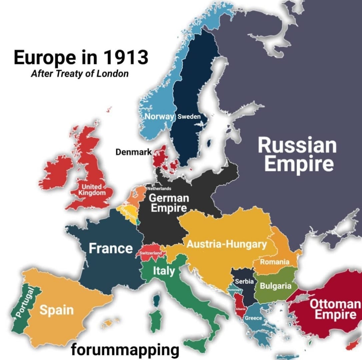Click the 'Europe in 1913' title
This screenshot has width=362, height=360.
pos(81,57)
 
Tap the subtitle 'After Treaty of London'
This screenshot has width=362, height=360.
pos(79,74)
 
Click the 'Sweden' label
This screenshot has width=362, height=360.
pos(189,117)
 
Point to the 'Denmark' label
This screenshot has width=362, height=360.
pos(133,152)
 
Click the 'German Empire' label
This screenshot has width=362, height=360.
pos(168,203)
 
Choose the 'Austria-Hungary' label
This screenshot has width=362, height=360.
pos(226,244)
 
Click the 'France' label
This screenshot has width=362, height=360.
pos(111,248)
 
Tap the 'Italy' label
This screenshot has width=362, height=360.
pos(164,271)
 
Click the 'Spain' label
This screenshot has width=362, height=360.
pos(57,310)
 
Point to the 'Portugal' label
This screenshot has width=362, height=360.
pos(25,302)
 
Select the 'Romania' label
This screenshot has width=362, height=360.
pos(274,262)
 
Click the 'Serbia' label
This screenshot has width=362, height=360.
pos(245,281)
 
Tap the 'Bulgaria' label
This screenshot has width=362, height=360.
pos(275,286)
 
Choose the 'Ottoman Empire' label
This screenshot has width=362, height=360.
pos(335,309)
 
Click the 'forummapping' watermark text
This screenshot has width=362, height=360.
pos(125,350)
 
